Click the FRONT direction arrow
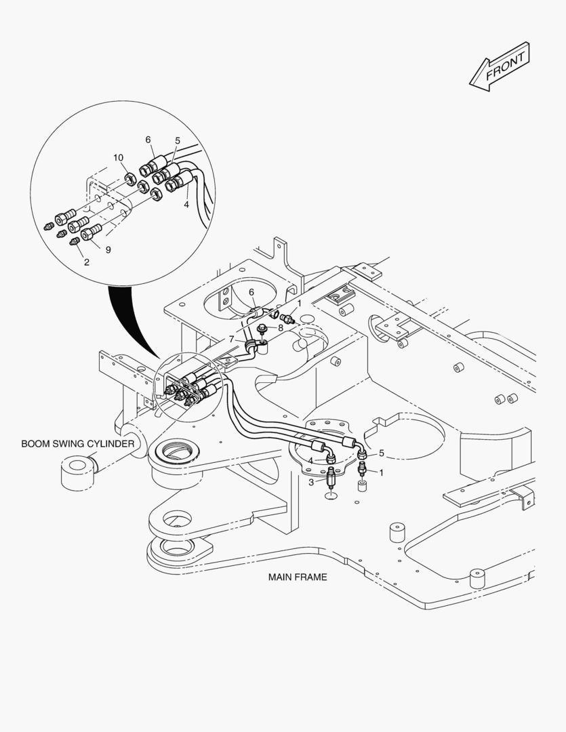click(500, 66)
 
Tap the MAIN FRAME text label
click(297, 577)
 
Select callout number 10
click(118, 158)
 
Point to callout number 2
click(86, 262)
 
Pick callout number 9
click(108, 249)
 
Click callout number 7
click(231, 338)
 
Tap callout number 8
click(280, 327)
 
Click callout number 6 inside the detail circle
click(148, 140)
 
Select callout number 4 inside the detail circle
click(186, 203)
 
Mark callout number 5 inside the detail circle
click(178, 141)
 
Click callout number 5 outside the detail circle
click(381, 453)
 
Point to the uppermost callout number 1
click(299, 303)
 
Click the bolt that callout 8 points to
click(262, 330)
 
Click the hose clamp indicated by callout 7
click(255, 348)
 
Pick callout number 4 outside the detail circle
click(310, 461)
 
